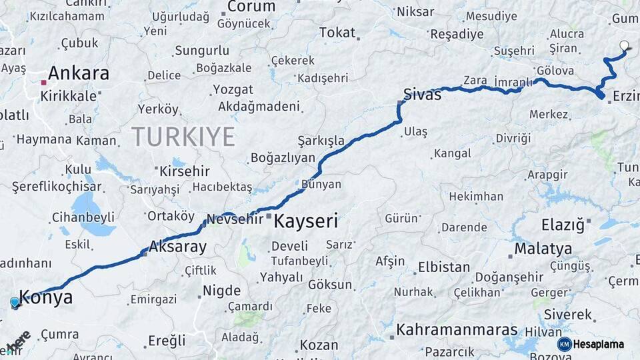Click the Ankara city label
tap(79, 73)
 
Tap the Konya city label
tap(46, 297)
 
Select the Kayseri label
tap(306, 221)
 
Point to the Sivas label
tap(422, 95)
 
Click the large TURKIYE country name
tap(183, 137)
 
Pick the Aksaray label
tap(178, 246)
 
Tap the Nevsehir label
tap(235, 219)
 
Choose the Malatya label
tap(543, 249)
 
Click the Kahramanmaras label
tap(457, 330)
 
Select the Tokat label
tap(337, 32)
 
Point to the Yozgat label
tap(233, 89)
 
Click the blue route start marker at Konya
tap(15, 303)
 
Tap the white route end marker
tap(624, 46)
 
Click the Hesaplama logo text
tap(599, 344)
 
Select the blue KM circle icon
tap(564, 344)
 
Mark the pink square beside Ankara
tap(43, 83)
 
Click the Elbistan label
tap(443, 267)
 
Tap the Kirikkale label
tap(69, 95)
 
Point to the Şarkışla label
tap(321, 141)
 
